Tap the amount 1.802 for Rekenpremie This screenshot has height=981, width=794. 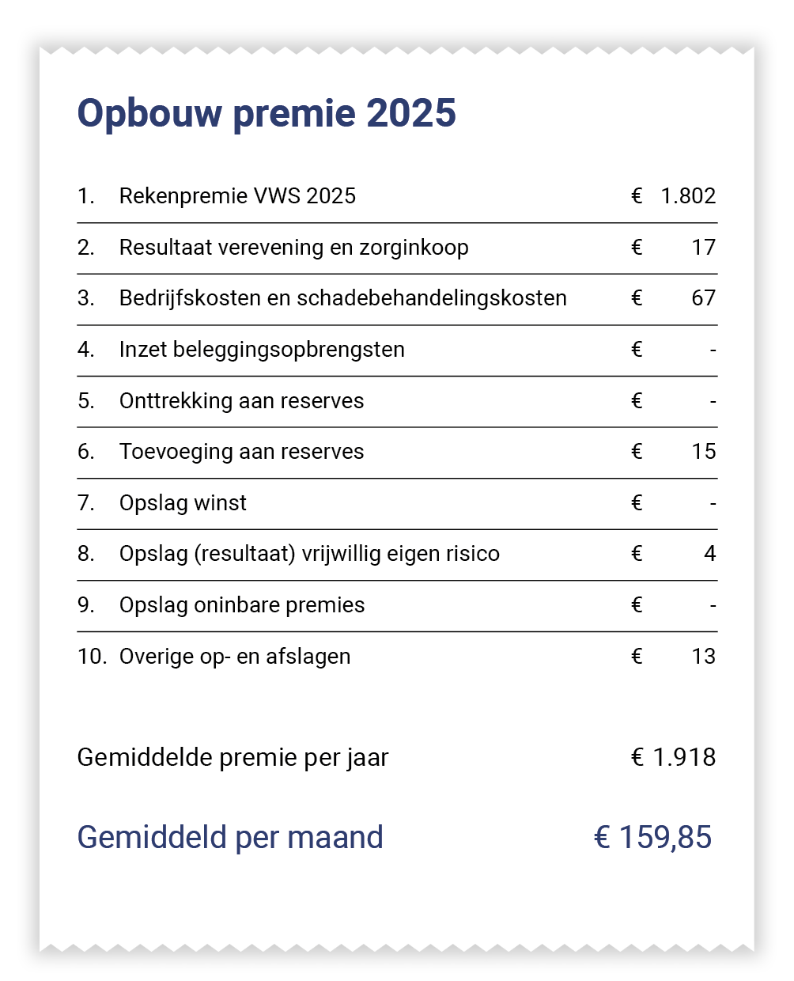688,196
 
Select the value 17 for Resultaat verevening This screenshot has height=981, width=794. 703,248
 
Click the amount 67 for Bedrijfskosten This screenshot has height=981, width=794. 703,298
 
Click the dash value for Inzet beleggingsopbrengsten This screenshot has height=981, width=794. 713,350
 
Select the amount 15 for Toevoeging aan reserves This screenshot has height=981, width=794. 703,452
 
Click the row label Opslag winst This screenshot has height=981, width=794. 183,503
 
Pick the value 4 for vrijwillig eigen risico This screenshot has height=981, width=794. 709,554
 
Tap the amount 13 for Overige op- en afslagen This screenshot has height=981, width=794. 703,657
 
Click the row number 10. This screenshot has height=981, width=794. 91,657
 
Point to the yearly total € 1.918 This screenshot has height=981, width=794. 673,757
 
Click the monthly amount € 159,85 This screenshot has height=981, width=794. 652,837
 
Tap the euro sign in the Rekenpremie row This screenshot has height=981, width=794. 637,196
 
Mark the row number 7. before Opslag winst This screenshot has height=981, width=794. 85,503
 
